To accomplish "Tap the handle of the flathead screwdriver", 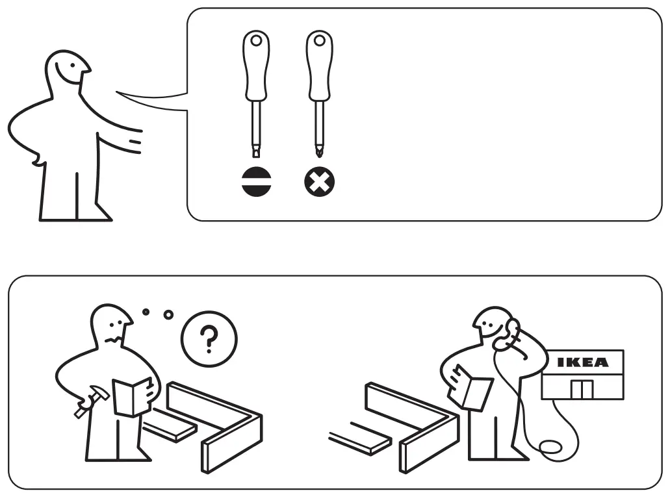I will pos(256,65).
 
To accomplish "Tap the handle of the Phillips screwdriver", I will pos(319,65).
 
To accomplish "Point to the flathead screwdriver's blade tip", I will pos(256,152).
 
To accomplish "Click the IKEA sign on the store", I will pos(583,362).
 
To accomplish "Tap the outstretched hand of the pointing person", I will pos(133,141).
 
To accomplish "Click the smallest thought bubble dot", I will pos(146,312).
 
